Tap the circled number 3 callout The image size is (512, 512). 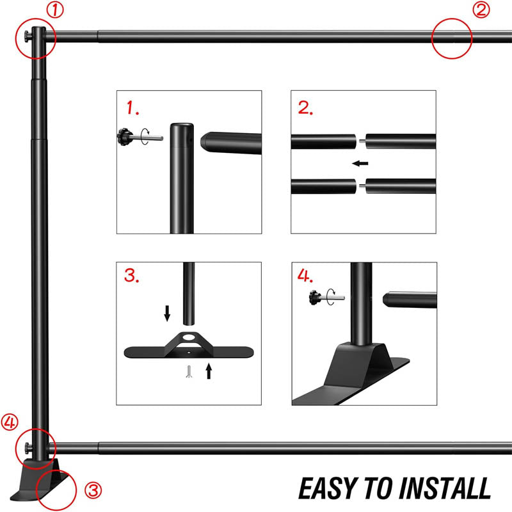(x=93, y=491)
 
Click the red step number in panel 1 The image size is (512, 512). (x=133, y=108)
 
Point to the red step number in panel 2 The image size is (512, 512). (x=306, y=108)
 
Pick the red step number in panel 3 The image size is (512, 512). (x=133, y=277)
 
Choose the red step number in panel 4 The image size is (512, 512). (x=306, y=276)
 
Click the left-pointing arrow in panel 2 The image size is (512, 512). (x=361, y=163)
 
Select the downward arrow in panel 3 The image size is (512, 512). (x=167, y=313)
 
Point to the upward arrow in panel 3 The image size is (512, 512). (x=208, y=371)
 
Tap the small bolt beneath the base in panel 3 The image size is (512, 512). (x=189, y=371)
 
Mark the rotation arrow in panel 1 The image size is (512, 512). (x=148, y=135)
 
